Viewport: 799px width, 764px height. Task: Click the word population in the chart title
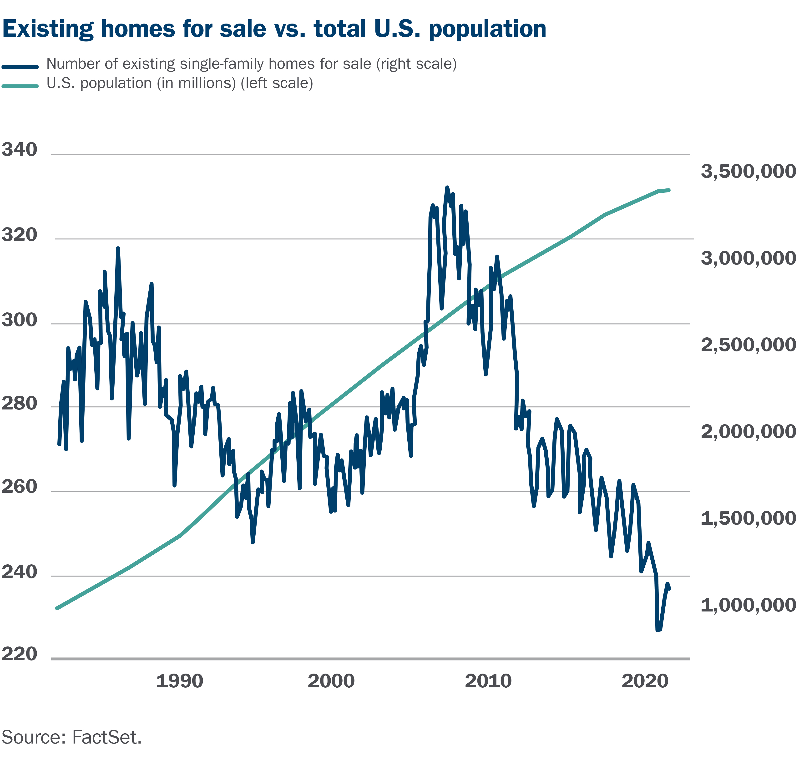pyautogui.click(x=488, y=29)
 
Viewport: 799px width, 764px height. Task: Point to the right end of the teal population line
pyautogui.click(x=669, y=190)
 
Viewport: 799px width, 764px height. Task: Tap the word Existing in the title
pyautogui.click(x=48, y=29)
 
